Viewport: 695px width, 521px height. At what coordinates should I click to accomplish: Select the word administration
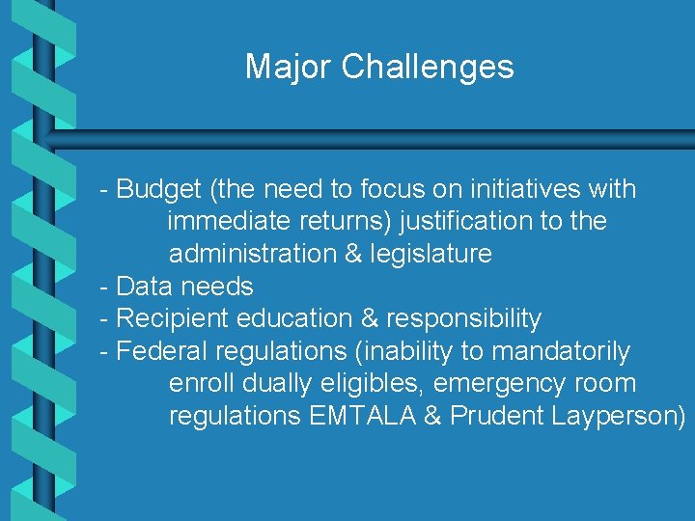pos(251,254)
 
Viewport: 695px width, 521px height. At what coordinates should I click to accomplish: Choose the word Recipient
pos(171,318)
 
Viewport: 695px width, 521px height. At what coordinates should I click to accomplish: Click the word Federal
pos(162,351)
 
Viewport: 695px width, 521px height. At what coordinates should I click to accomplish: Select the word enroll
pos(202,384)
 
